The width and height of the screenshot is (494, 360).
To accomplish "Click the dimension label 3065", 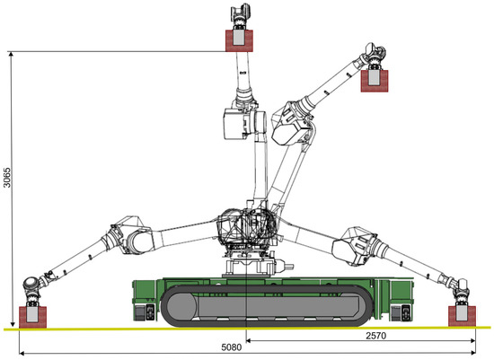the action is [x=7, y=178].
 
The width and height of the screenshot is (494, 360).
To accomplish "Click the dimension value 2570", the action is [x=375, y=336].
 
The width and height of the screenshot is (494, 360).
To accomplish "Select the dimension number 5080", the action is [x=232, y=347].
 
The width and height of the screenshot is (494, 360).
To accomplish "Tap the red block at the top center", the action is [x=239, y=40].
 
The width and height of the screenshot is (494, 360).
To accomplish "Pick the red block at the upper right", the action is [x=375, y=81].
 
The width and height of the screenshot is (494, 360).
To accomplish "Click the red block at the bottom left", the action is [x=32, y=317].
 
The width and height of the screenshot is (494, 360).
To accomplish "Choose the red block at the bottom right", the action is [x=462, y=316].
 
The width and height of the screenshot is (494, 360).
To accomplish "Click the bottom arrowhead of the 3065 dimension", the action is [x=12, y=324].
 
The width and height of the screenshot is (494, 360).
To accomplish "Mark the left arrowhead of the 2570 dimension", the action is [x=249, y=340].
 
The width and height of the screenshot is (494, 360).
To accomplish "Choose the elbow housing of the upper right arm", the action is [x=291, y=124].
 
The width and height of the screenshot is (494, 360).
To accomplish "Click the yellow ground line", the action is [x=247, y=329].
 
